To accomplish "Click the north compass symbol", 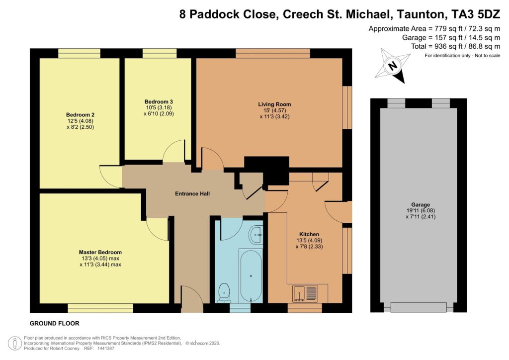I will click(x=392, y=66).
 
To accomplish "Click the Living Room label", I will click(x=274, y=104).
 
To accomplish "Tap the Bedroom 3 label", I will click(x=155, y=101).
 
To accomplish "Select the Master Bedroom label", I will click(x=100, y=252).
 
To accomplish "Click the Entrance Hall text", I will click(x=192, y=193).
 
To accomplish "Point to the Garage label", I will click(x=421, y=204).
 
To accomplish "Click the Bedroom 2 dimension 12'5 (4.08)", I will click(x=80, y=120).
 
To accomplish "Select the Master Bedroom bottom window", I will click(x=100, y=308).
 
